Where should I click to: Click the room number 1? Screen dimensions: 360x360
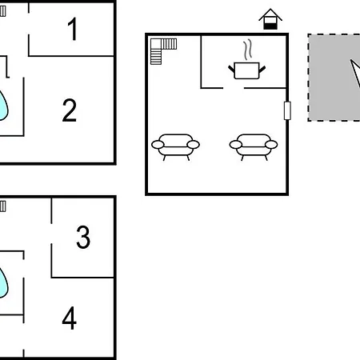tap(73, 29)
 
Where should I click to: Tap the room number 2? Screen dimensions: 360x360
tap(70, 110)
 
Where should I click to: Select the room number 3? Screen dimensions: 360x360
tap(83, 237)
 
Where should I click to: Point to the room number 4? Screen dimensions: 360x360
tap(70, 318)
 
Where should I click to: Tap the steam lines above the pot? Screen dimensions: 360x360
tap(247, 50)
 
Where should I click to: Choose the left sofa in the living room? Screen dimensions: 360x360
tap(175, 147)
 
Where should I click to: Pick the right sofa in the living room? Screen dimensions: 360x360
tap(254, 147)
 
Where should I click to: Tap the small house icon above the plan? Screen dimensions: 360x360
tap(270, 19)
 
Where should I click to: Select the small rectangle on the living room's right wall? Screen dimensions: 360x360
tap(287, 110)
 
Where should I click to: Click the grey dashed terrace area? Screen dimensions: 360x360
tap(334, 78)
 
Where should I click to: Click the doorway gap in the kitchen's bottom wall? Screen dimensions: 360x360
tap(234, 88)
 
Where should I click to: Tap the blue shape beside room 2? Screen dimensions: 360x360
tap(3, 106)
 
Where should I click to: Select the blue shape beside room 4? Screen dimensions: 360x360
tap(3, 282)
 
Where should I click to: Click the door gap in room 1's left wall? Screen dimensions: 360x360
tap(29, 23)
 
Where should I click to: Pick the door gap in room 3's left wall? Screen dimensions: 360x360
tap(51, 234)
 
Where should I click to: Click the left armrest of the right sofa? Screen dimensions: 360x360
tap(236, 145)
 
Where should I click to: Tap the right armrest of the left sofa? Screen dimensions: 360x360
tap(194, 145)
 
